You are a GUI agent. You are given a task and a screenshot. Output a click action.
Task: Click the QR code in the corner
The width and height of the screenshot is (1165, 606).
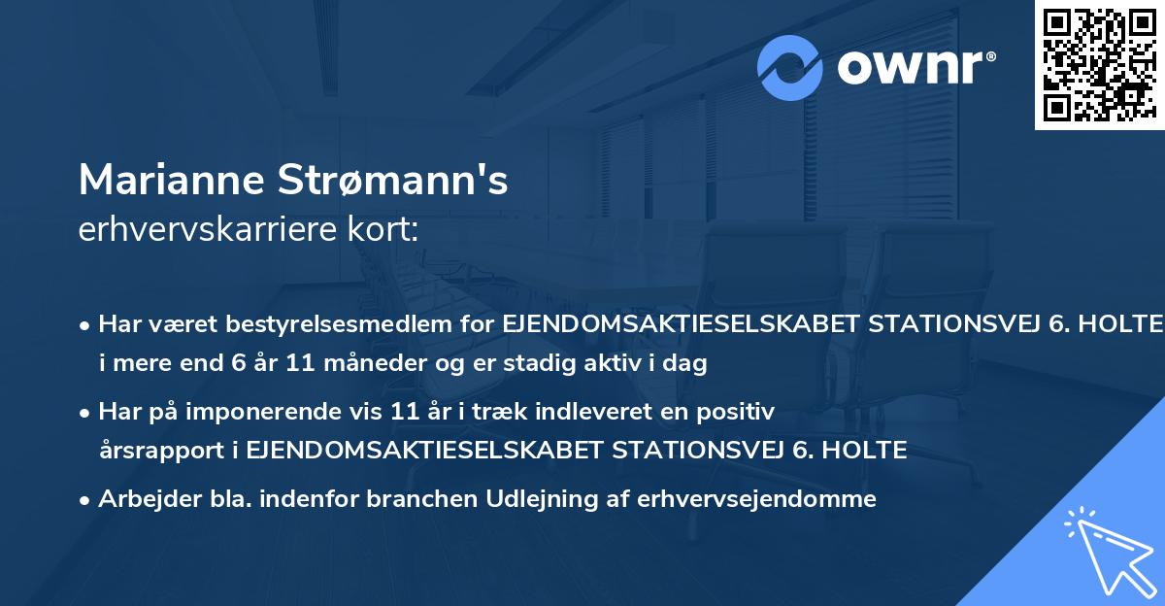[x=1100, y=65]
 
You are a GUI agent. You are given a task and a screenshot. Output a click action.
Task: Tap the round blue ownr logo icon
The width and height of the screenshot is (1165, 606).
[x=790, y=68]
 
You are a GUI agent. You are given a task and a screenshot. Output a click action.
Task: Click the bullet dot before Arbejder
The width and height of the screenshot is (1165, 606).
[x=86, y=500]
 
